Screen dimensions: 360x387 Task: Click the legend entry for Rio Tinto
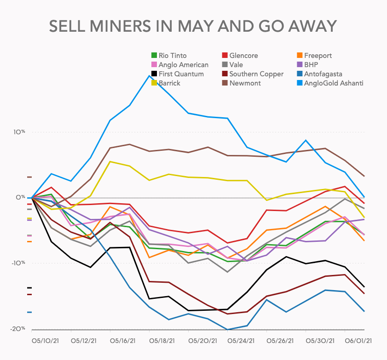(x=169, y=56)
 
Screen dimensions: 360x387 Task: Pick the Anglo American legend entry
(x=180, y=65)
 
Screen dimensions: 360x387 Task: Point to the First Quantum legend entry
(x=177, y=74)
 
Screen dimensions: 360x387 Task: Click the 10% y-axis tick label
(x=19, y=132)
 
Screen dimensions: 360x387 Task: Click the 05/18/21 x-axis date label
(x=162, y=341)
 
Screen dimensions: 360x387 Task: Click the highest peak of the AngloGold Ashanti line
(x=149, y=75)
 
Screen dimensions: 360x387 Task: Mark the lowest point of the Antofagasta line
(x=227, y=329)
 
